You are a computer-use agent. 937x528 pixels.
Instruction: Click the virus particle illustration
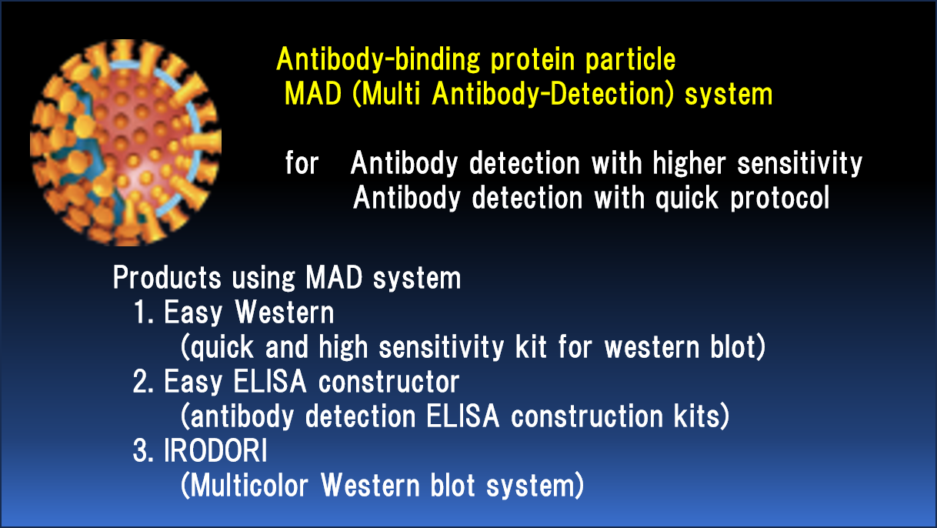[125, 142]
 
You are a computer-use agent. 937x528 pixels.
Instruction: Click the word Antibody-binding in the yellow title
[378, 60]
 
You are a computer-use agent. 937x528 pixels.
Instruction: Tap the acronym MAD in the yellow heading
[313, 94]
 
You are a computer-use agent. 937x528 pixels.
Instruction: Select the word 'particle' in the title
[630, 60]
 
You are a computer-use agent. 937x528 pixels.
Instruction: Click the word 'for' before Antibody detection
[302, 163]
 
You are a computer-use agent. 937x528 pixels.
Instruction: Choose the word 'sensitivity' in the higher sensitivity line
[800, 164]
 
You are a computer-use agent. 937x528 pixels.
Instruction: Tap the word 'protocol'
[780, 199]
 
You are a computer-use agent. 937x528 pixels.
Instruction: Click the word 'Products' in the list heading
[167, 278]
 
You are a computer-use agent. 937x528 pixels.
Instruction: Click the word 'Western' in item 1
[285, 312]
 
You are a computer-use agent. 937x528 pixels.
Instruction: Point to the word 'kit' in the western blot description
[531, 347]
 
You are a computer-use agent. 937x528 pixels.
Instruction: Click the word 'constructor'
[388, 383]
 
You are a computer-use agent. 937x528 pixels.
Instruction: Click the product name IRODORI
[215, 451]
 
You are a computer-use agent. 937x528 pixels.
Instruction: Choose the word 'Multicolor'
[249, 486]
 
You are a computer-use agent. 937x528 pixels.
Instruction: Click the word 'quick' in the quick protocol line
[686, 199]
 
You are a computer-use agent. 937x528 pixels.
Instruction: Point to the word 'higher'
[689, 164]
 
